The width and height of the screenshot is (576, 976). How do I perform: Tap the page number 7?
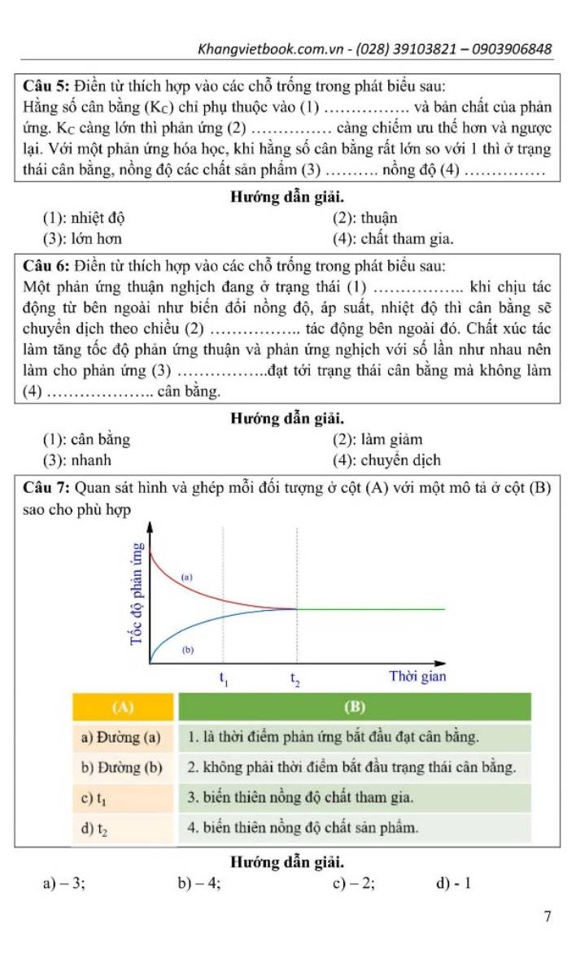click(x=548, y=917)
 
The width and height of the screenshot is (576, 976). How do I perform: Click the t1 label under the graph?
click(x=225, y=678)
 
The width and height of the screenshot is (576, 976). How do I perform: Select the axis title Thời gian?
click(x=417, y=677)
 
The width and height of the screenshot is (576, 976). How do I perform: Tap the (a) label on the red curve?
click(x=186, y=577)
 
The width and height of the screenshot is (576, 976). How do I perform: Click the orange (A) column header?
click(x=124, y=706)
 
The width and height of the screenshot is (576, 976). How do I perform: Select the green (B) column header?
click(x=354, y=706)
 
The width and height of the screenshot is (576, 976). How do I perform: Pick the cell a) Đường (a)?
click(x=121, y=738)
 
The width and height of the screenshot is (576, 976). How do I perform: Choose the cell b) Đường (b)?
click(x=122, y=768)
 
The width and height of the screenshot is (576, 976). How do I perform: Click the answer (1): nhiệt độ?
click(x=84, y=218)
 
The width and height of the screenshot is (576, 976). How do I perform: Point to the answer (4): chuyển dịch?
click(x=386, y=460)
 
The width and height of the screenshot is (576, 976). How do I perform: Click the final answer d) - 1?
click(x=454, y=883)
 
